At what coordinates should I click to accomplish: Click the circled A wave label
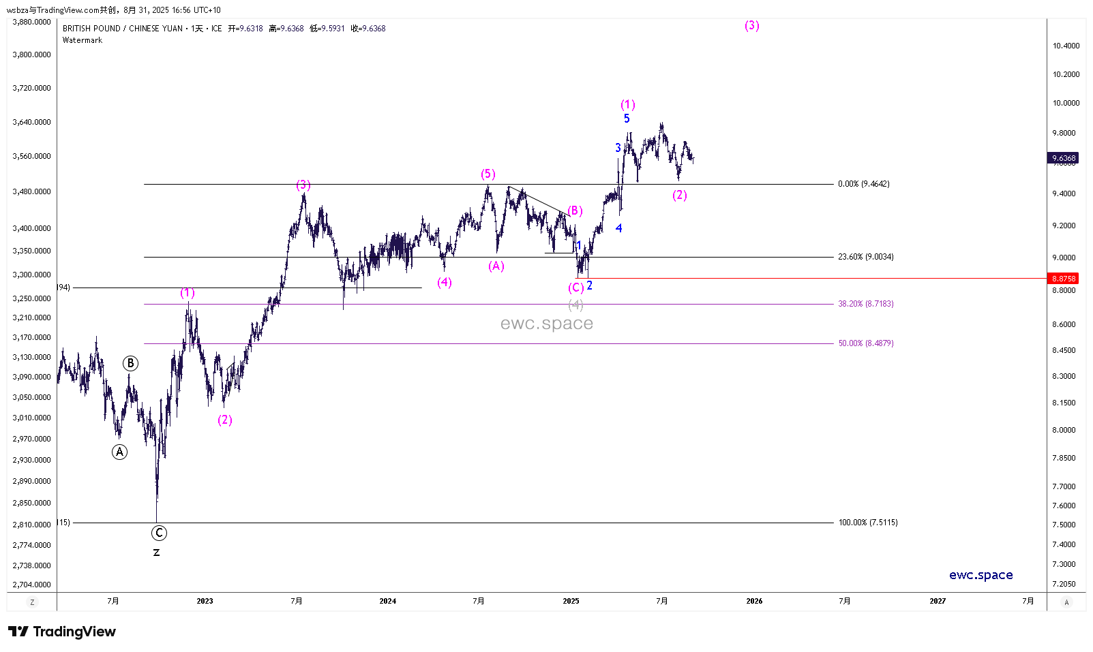[119, 452]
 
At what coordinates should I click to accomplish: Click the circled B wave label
[130, 363]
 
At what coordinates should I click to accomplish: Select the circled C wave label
[159, 533]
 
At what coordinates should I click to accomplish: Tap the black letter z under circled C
[156, 553]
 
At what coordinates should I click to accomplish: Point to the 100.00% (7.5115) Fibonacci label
[867, 523]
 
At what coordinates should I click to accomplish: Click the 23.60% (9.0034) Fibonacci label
[865, 257]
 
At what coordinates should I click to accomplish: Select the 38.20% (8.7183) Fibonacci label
[865, 304]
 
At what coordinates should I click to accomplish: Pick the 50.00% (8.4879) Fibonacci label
[865, 343]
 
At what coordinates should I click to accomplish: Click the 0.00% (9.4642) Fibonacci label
[863, 184]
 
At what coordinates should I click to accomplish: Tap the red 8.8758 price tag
[1063, 279]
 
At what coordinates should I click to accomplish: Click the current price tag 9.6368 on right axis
[1063, 158]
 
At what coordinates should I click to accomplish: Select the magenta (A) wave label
[496, 266]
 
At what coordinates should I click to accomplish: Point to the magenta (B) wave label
[575, 211]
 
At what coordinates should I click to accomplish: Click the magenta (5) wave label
[488, 174]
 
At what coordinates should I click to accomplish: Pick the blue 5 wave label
[627, 119]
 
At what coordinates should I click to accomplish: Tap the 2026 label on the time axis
[754, 601]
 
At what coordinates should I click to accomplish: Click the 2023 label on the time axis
[205, 601]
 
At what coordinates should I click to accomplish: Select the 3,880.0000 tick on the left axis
[31, 22]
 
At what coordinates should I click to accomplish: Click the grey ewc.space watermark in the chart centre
[546, 324]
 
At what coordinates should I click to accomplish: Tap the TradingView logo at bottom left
[62, 632]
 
